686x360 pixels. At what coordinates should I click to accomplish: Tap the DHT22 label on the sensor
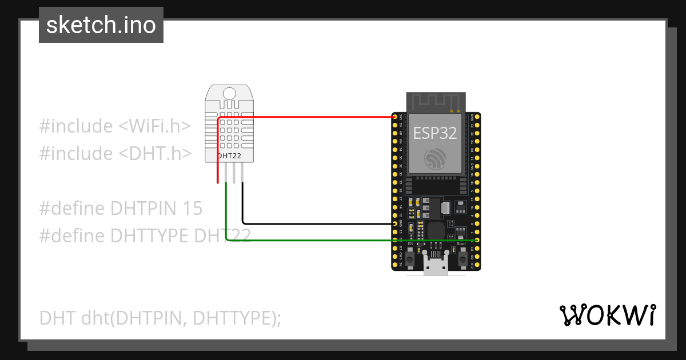tap(229, 155)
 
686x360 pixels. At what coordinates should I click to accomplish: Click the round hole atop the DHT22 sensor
tap(229, 94)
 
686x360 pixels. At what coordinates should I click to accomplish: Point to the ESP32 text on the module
tap(435, 133)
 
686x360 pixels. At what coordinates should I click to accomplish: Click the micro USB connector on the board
tap(436, 266)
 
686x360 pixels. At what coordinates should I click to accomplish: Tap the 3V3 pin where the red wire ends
tap(394, 117)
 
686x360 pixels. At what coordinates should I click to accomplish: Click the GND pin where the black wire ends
tap(394, 223)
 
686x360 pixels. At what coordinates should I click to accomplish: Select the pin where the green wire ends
tap(477, 241)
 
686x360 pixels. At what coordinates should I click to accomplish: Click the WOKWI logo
tap(607, 315)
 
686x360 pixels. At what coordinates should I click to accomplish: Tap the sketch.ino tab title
tap(101, 25)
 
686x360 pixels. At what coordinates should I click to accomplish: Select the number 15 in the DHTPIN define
tap(192, 209)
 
